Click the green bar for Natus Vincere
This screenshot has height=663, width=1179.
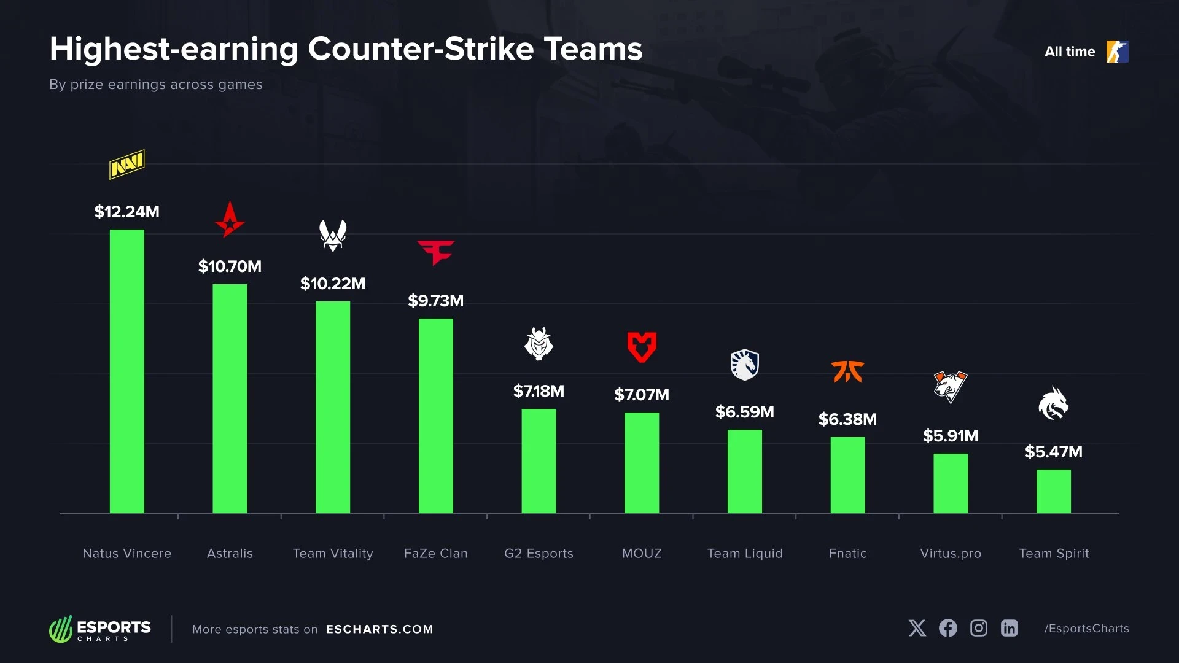coord(127,371)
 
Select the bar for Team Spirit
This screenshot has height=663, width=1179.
coord(1054,491)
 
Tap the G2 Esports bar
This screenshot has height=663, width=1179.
coord(539,460)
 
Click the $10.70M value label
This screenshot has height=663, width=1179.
coord(230,266)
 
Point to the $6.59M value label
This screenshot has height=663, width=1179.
coord(744,412)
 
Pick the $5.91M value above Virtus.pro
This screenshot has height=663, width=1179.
coord(950,436)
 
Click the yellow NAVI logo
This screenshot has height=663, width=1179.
coord(127,164)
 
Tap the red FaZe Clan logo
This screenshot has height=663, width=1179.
coord(436,252)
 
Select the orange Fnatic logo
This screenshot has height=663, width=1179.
coord(847,371)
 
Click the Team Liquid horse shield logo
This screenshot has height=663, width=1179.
coord(744,365)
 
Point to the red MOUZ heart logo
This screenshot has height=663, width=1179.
coord(642,347)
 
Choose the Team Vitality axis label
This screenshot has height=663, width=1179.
coord(333,554)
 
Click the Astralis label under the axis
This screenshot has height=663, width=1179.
coord(230,554)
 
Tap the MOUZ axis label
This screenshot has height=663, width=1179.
coord(642,554)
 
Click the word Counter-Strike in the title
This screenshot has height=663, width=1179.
coord(421,49)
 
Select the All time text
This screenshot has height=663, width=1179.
coord(1070,52)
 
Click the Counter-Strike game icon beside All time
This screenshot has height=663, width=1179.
coord(1117,52)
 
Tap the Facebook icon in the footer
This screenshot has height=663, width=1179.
coord(947,628)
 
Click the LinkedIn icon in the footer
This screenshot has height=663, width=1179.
coord(1009,628)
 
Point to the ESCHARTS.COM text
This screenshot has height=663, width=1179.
coord(379,629)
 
